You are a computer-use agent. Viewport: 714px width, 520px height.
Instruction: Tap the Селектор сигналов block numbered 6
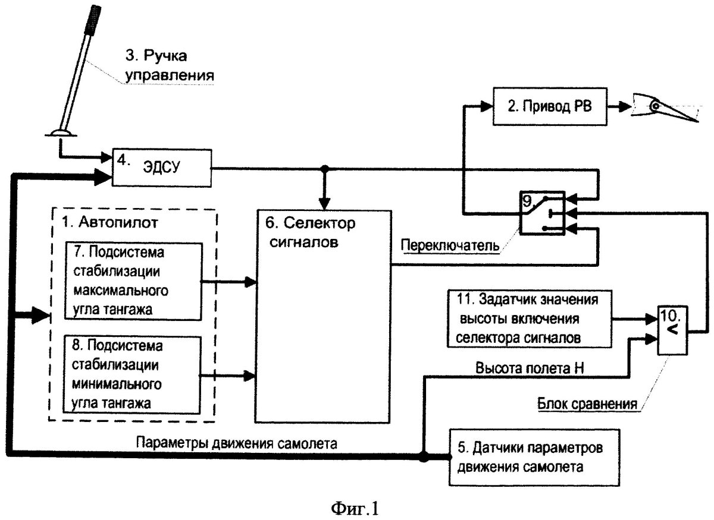coord(322,314)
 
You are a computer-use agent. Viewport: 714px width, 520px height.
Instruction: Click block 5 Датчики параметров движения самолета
coord(531,456)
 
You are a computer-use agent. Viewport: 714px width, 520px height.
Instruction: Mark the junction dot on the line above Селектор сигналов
coord(324,169)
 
